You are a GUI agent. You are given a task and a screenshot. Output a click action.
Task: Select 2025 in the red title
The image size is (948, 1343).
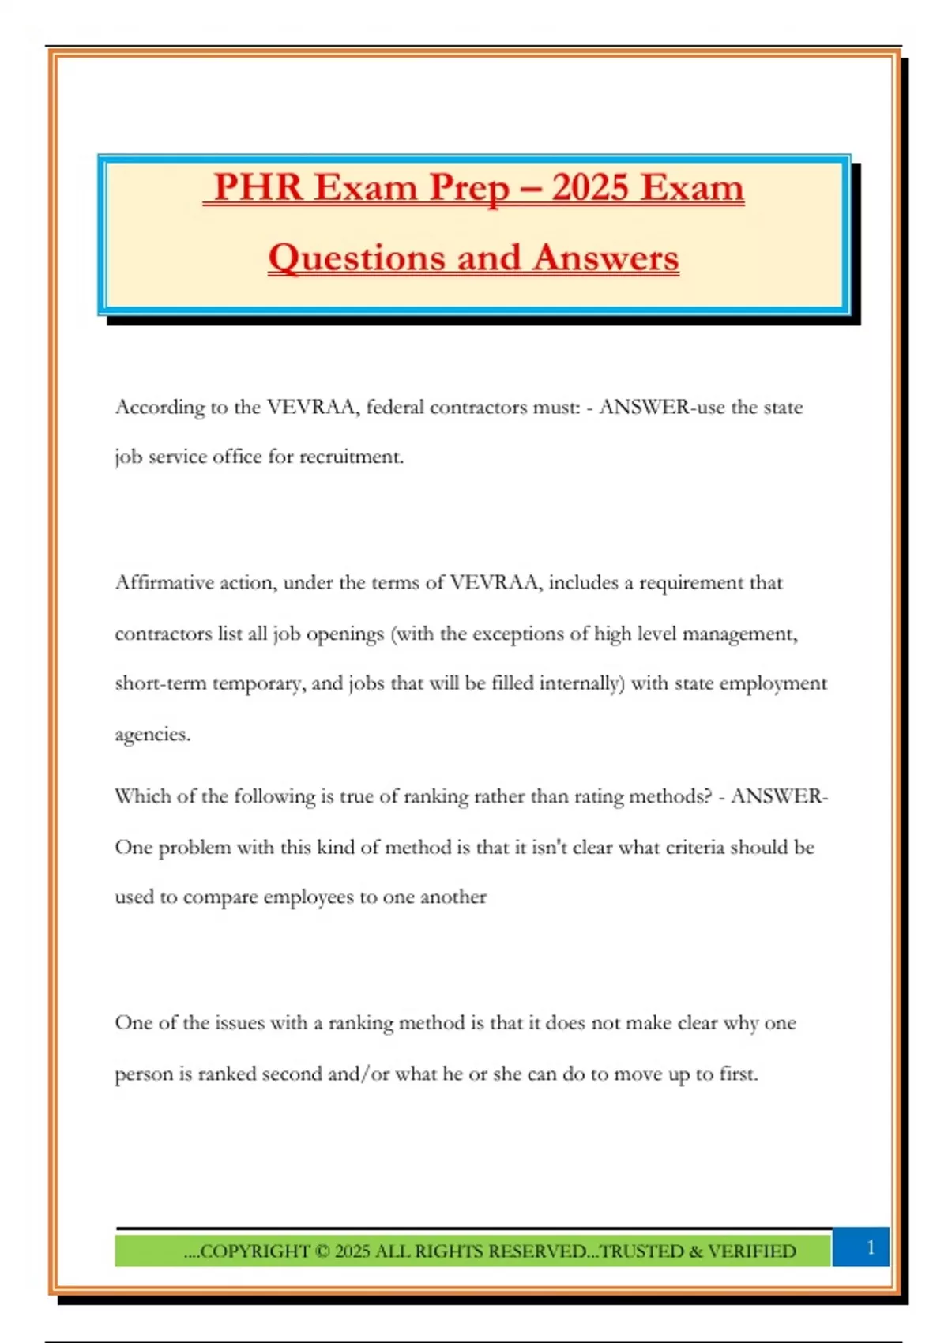point(589,188)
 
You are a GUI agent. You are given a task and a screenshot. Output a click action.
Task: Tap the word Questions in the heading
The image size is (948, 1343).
point(356,258)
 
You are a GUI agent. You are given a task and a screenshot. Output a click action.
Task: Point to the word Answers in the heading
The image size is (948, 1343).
point(605,258)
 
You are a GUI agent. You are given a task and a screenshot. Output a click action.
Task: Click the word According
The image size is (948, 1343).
point(160,408)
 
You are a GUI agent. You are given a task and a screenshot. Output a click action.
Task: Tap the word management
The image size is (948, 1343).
point(739,634)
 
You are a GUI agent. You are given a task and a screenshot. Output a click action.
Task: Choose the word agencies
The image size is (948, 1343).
point(152,735)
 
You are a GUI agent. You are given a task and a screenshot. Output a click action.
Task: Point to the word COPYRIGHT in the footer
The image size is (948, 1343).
point(254,1251)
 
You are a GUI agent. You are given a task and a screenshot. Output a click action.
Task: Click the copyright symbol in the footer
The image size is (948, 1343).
point(322,1251)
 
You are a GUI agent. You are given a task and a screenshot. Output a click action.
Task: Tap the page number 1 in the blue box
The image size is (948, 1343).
point(871,1247)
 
